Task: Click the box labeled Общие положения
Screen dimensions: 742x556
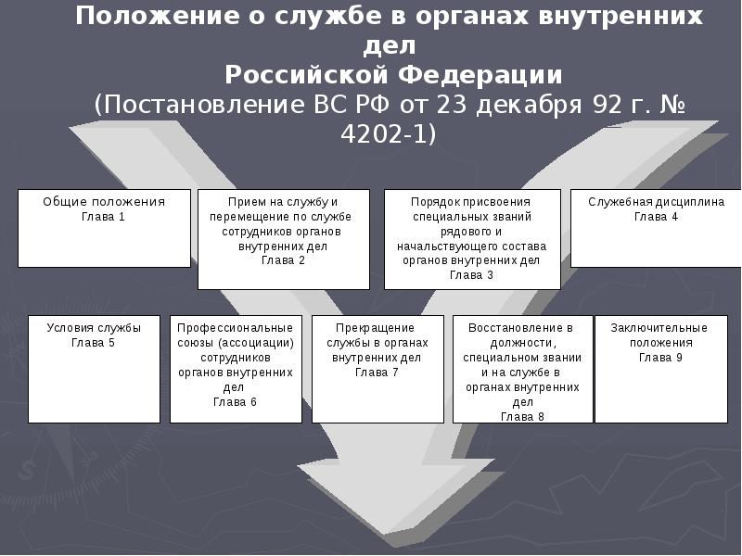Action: click(104, 228)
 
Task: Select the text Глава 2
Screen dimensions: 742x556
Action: click(283, 260)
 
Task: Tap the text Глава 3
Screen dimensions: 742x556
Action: click(471, 275)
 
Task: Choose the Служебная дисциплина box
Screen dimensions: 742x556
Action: click(656, 228)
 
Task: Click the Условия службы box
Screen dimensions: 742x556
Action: click(95, 369)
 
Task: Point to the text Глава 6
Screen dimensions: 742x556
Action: click(235, 402)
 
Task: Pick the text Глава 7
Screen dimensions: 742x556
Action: click(377, 373)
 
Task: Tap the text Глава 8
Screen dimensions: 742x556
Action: click(522, 417)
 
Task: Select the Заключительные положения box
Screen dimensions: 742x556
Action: click(661, 369)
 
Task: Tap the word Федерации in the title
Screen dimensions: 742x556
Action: click(480, 75)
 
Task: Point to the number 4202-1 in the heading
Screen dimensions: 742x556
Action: click(388, 134)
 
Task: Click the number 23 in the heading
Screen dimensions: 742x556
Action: click(452, 105)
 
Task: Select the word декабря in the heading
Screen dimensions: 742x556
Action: click(529, 106)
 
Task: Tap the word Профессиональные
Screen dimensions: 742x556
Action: click(236, 328)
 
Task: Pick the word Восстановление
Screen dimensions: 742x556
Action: click(520, 328)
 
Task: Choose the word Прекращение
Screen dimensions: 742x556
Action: click(375, 328)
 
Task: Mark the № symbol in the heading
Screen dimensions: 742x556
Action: click(672, 105)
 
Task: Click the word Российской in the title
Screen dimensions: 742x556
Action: click(306, 75)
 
